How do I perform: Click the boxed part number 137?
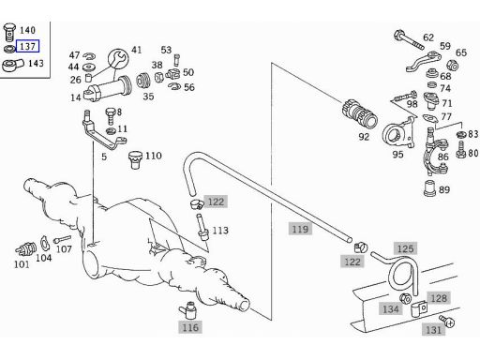tap(27, 46)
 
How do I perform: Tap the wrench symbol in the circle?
tap(118, 58)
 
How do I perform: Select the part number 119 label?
tap(300, 229)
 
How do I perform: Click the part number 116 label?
tap(190, 327)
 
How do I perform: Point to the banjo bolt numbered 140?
tap(9, 32)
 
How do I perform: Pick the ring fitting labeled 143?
tap(12, 65)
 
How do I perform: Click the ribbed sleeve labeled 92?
tap(360, 113)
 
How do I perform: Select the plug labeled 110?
tap(135, 159)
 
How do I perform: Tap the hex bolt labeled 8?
tap(111, 116)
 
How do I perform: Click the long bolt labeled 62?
tap(409, 39)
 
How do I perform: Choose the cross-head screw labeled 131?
tap(447, 322)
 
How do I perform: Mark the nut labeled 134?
tap(405, 298)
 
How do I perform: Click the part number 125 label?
tap(405, 248)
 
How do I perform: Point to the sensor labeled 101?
tap(25, 248)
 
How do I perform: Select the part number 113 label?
tap(220, 231)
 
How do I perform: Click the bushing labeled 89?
tap(429, 188)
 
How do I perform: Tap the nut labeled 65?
tap(452, 66)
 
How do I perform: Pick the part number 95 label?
tap(397, 154)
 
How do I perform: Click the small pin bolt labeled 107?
tap(62, 239)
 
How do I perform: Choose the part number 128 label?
tap(439, 298)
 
